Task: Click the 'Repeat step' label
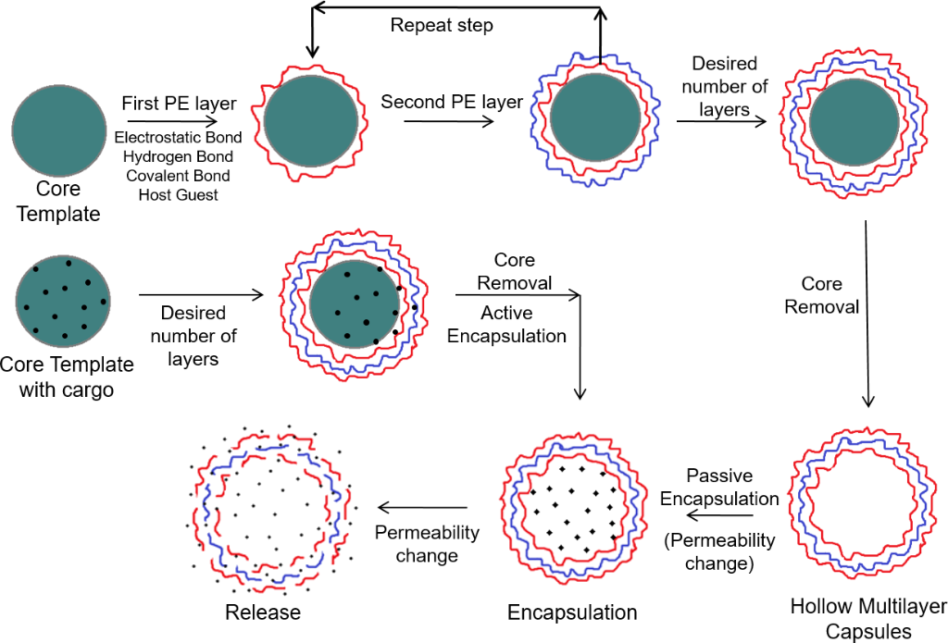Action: click(x=442, y=25)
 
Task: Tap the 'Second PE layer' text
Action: click(x=453, y=102)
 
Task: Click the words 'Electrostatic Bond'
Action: click(x=179, y=137)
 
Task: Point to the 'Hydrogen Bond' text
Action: click(x=179, y=156)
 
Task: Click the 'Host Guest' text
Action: click(x=179, y=194)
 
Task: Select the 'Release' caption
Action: click(x=263, y=612)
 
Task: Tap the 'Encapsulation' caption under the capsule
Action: click(x=572, y=612)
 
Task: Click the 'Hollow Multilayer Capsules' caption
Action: click(x=868, y=619)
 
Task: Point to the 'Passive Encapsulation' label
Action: click(x=719, y=487)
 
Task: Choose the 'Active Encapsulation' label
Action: click(x=506, y=325)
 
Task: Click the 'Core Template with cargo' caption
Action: click(x=67, y=377)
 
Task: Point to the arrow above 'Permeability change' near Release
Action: click(x=421, y=507)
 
